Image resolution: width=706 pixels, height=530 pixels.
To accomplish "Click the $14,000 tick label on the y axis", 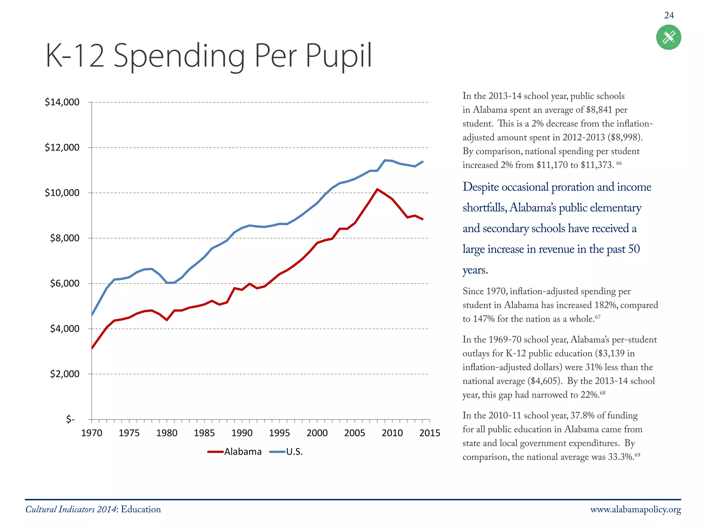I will coord(62,102).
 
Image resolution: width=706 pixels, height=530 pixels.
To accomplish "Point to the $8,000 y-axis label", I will coord(64,238).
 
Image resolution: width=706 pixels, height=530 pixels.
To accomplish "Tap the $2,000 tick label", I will coord(64,374).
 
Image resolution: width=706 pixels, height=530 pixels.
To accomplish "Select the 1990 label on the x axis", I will coord(242,433).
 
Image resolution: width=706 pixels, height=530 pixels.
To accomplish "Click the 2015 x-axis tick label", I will coord(430,433).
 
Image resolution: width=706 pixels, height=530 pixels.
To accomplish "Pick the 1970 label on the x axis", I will coord(92,433).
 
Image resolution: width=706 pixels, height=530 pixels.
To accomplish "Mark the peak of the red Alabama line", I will coord(377,189).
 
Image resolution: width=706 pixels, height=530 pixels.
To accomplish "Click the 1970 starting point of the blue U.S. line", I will coord(92,315).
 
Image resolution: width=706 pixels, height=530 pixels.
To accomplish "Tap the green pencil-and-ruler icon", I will coord(668,37).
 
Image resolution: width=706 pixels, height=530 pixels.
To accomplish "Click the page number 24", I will coord(669,16).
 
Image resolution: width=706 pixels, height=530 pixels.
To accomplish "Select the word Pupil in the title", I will coord(338,56).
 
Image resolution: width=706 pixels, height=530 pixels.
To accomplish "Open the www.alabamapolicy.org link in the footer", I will coord(635,510).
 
